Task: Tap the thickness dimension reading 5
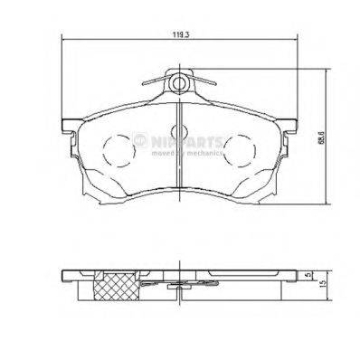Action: click(x=310, y=272)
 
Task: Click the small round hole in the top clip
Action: click(x=180, y=83)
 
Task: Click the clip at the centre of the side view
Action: click(x=181, y=282)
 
